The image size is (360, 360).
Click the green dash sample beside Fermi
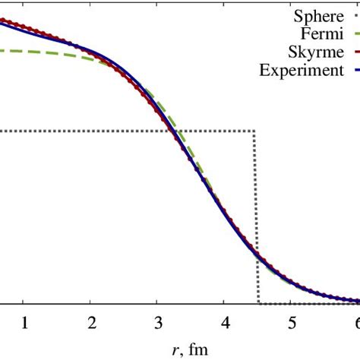pyautogui.click(x=355, y=34)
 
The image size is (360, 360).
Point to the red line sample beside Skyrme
pyautogui.click(x=355, y=52)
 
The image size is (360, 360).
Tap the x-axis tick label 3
pyautogui.click(x=157, y=322)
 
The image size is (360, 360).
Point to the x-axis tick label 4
pyautogui.click(x=224, y=322)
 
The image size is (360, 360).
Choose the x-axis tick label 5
pyautogui.click(x=291, y=322)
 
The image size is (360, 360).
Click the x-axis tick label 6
pyautogui.click(x=355, y=322)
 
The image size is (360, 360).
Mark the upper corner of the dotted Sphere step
pyautogui.click(x=254, y=131)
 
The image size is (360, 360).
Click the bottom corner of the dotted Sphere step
pyautogui.click(x=258, y=304)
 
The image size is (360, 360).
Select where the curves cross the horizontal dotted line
pyautogui.click(x=175, y=131)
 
